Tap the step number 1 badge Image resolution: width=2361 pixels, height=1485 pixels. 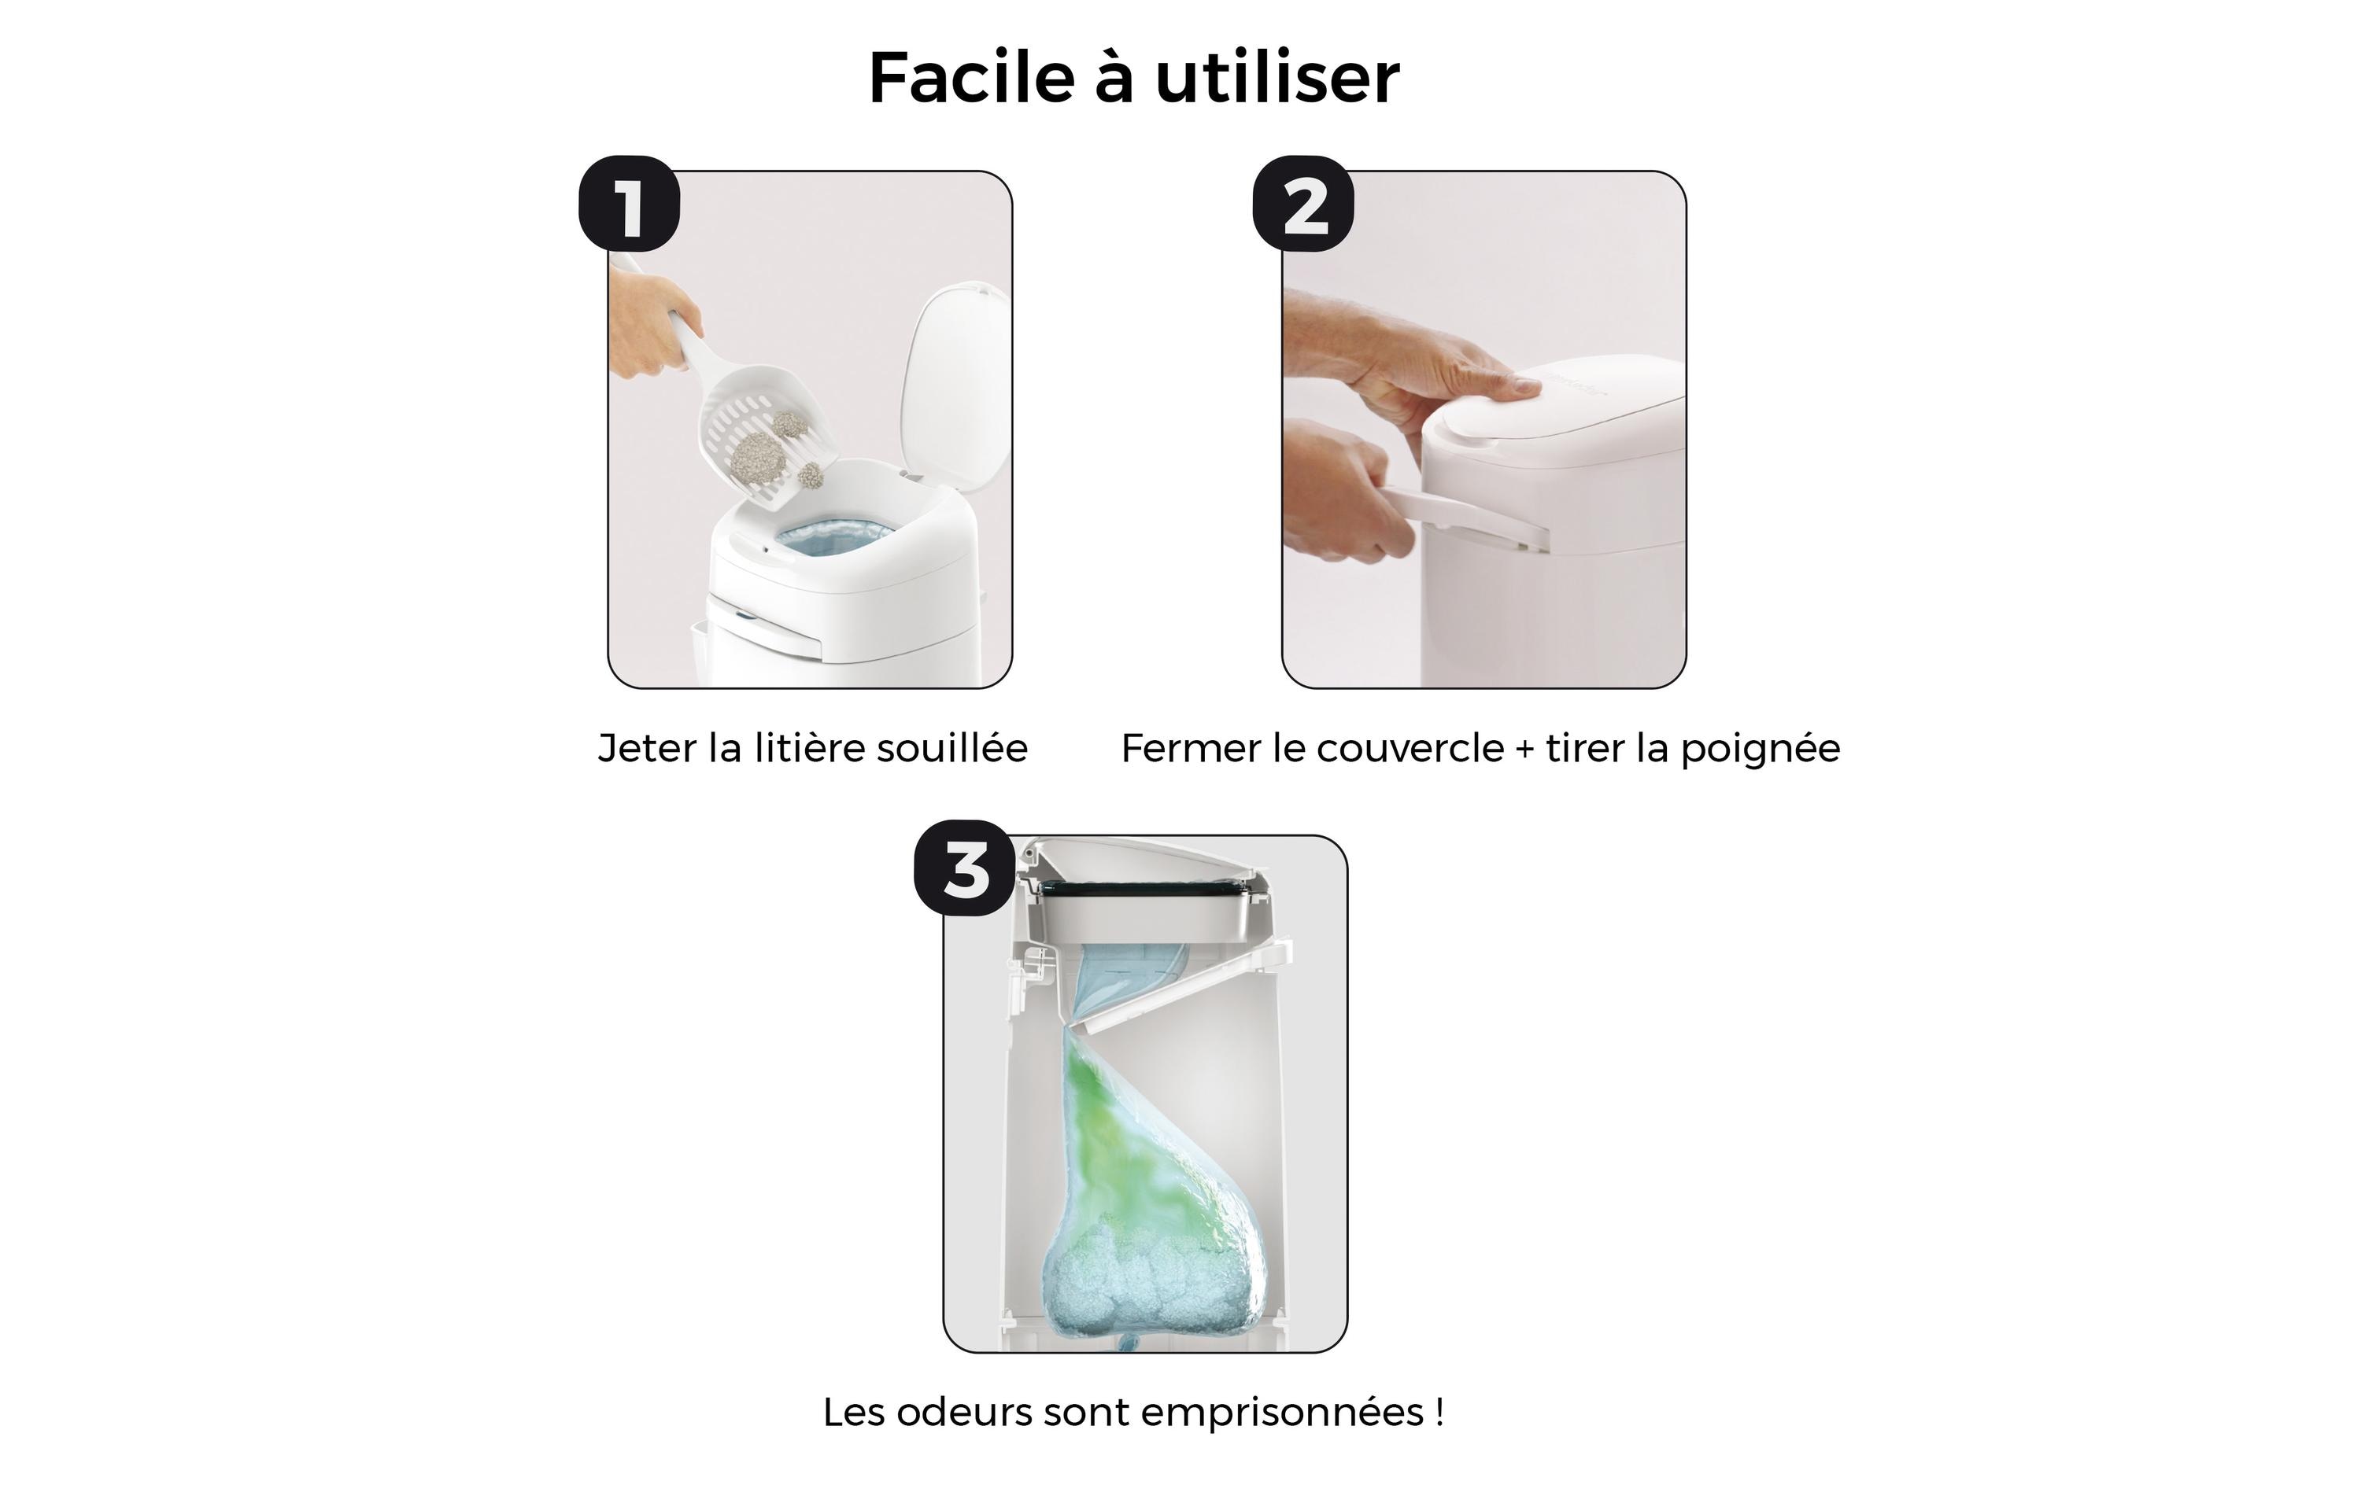coord(629,204)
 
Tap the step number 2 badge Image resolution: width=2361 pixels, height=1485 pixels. coord(1303,204)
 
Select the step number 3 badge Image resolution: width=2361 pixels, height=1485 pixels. coord(965,868)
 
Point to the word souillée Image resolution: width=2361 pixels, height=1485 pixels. coord(951,749)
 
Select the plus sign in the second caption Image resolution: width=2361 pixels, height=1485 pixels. coord(1524,750)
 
